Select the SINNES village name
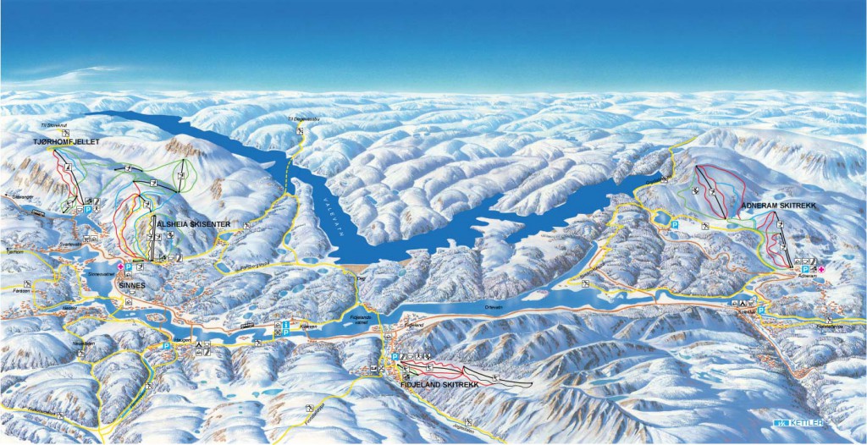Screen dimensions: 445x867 pyautogui.click(x=132, y=286)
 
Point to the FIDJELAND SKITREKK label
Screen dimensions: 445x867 pyautogui.click(x=440, y=384)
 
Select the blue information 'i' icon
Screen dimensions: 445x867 pyautogui.click(x=285, y=324)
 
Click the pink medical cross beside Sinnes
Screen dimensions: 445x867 pyautogui.click(x=120, y=267)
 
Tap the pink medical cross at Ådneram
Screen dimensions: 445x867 pyautogui.click(x=820, y=267)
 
